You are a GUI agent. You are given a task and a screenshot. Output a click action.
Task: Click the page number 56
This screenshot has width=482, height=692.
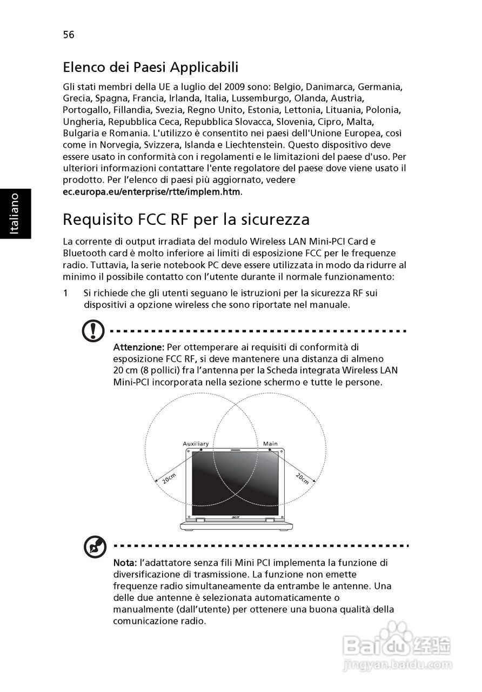tap(69, 35)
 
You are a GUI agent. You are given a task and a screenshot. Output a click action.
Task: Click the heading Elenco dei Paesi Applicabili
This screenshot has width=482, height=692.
tap(151, 68)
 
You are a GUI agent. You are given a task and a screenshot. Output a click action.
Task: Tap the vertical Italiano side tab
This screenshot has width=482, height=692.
tap(15, 214)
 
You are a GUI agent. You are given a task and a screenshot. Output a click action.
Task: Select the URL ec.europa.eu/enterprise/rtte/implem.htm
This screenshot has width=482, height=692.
tap(152, 191)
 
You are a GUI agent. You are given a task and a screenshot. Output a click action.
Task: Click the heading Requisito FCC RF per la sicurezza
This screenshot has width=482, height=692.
tap(186, 219)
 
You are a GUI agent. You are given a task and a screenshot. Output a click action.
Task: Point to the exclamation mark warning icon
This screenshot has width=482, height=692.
tap(93, 330)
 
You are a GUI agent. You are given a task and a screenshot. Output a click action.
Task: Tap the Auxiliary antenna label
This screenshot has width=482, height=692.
tap(195, 444)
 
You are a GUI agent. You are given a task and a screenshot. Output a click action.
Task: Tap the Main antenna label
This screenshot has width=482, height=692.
tap(270, 444)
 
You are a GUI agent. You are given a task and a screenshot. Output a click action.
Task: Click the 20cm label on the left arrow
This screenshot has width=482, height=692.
tap(169, 478)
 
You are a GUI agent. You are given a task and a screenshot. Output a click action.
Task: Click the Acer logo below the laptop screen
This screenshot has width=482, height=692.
tap(236, 517)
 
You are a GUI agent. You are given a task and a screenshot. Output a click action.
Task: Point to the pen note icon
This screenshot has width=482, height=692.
tap(95, 547)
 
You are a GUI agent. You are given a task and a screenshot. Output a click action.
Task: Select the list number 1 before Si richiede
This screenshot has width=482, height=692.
tap(65, 293)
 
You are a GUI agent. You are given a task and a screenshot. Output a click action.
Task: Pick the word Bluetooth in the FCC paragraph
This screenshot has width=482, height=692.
tap(84, 253)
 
